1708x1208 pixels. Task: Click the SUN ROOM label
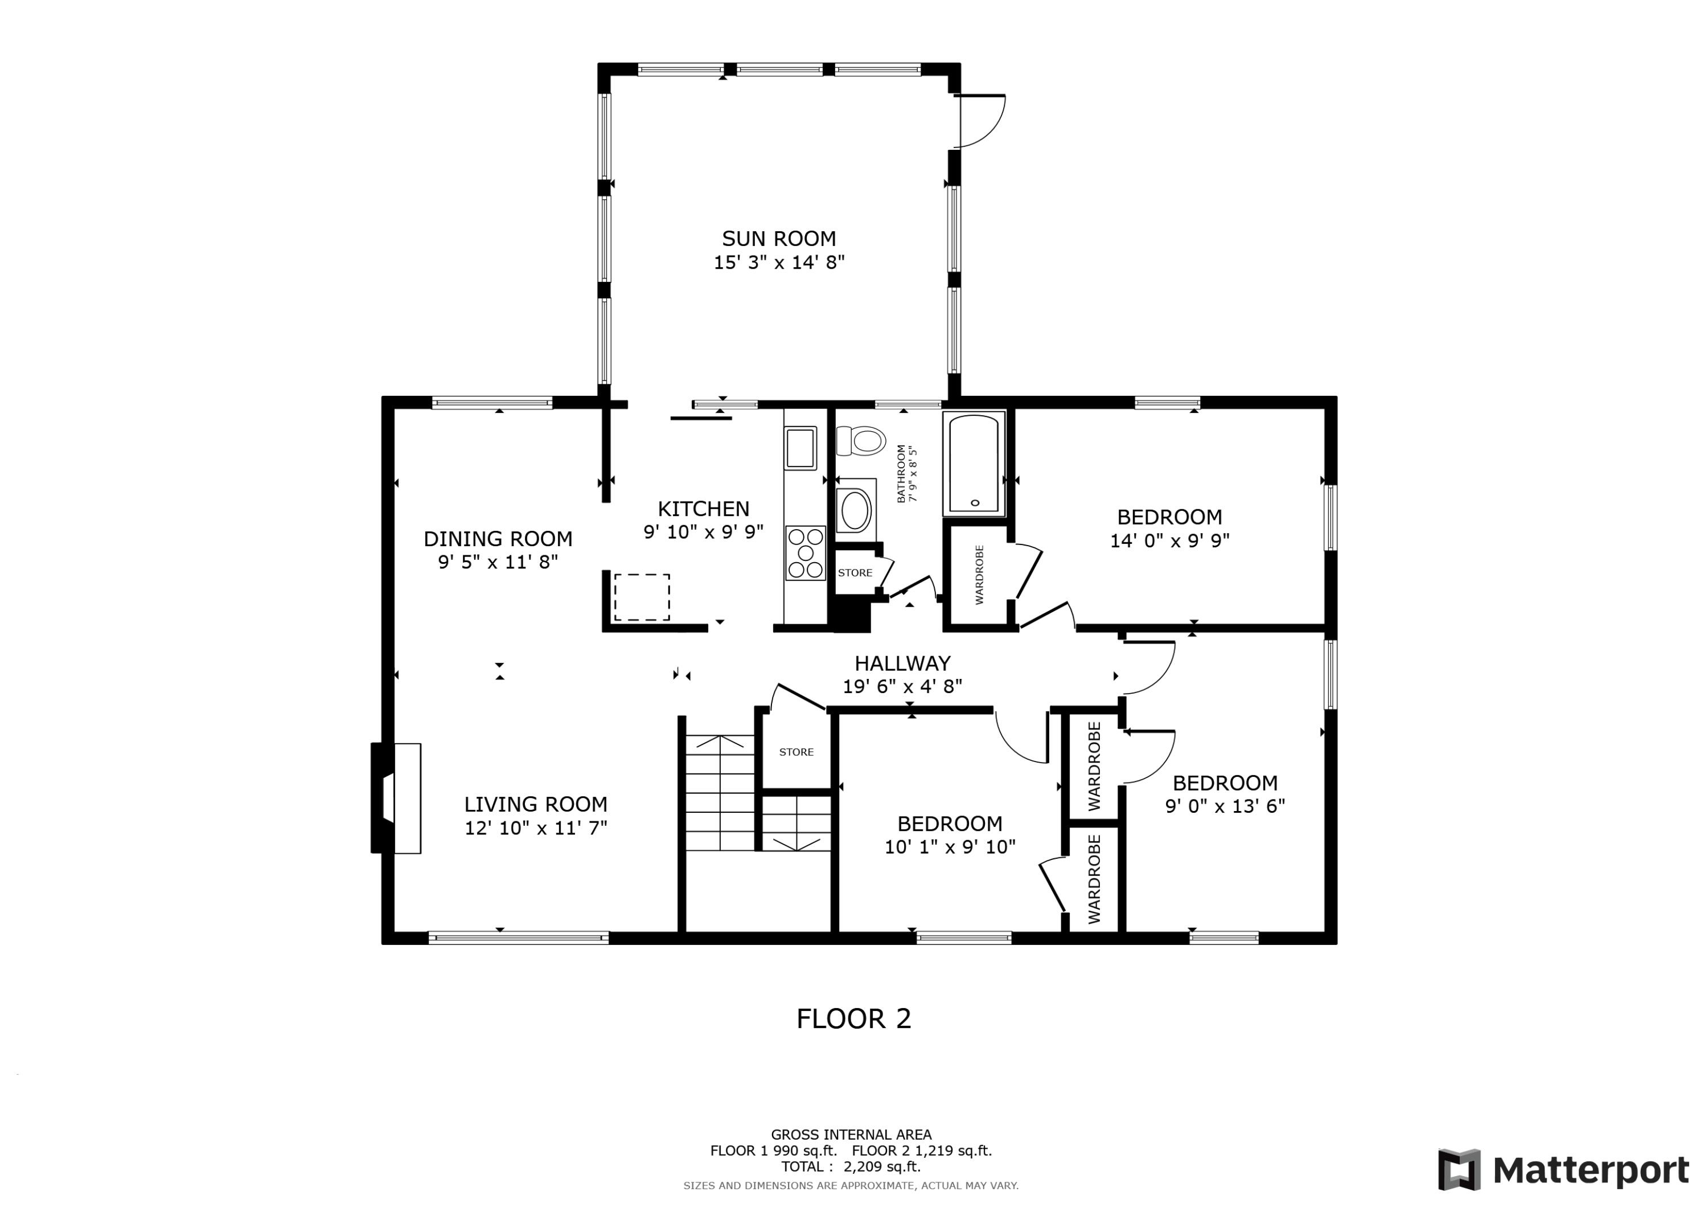click(779, 238)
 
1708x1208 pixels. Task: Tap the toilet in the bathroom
click(861, 441)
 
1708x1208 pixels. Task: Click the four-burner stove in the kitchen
click(806, 553)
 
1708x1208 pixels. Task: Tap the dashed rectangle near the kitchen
click(641, 597)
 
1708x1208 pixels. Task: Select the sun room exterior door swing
click(980, 121)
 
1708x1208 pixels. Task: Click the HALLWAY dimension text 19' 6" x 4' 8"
click(902, 686)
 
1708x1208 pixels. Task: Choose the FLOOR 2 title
click(853, 1019)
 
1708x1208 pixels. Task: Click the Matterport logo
click(1563, 1170)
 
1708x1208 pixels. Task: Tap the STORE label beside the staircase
click(796, 752)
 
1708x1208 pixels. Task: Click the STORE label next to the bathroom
click(855, 573)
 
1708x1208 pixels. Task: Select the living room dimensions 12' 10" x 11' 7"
click(536, 828)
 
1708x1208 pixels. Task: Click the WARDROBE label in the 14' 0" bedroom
click(979, 575)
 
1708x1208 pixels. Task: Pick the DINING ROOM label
click(498, 538)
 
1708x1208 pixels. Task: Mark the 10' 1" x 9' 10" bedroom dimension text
click(950, 847)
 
